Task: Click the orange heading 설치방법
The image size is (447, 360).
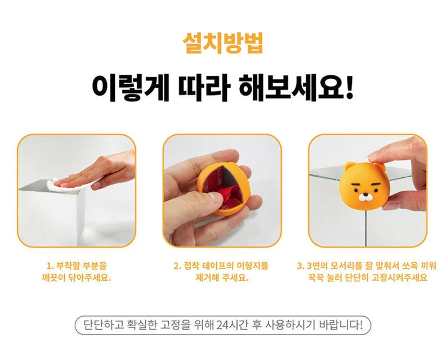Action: tap(222, 43)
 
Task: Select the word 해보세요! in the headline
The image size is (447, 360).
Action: tap(296, 86)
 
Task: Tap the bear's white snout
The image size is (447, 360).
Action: tap(365, 197)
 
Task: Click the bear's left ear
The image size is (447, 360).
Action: tap(349, 166)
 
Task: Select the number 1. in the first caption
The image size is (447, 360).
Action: tap(50, 266)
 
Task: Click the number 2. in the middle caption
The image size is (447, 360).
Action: tap(177, 266)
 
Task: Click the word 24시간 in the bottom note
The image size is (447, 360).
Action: tap(233, 325)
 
